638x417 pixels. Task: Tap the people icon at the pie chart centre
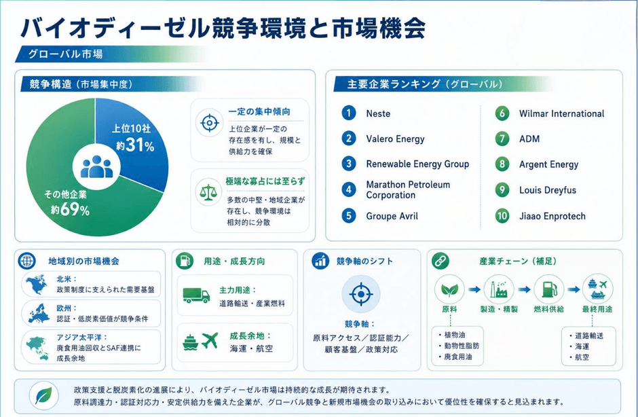[x=97, y=167]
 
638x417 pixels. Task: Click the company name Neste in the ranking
[x=378, y=113]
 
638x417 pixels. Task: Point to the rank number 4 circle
[x=349, y=189]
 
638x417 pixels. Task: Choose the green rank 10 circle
[x=502, y=216]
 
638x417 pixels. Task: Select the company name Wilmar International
[x=561, y=113]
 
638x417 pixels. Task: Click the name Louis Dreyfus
[x=548, y=190]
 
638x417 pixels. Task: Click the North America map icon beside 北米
[x=36, y=284]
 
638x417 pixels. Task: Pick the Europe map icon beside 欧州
[x=39, y=314]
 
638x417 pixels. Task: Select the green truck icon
[x=196, y=295]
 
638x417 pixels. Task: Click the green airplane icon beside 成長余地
[x=210, y=340]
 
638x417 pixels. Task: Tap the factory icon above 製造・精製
[x=499, y=289]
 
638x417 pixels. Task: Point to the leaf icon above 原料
[x=449, y=289]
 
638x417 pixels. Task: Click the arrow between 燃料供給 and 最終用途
[x=574, y=289]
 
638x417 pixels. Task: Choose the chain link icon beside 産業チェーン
[x=440, y=261]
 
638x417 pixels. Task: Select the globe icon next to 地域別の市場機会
[x=27, y=261]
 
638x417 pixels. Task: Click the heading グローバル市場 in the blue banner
[x=65, y=54]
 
